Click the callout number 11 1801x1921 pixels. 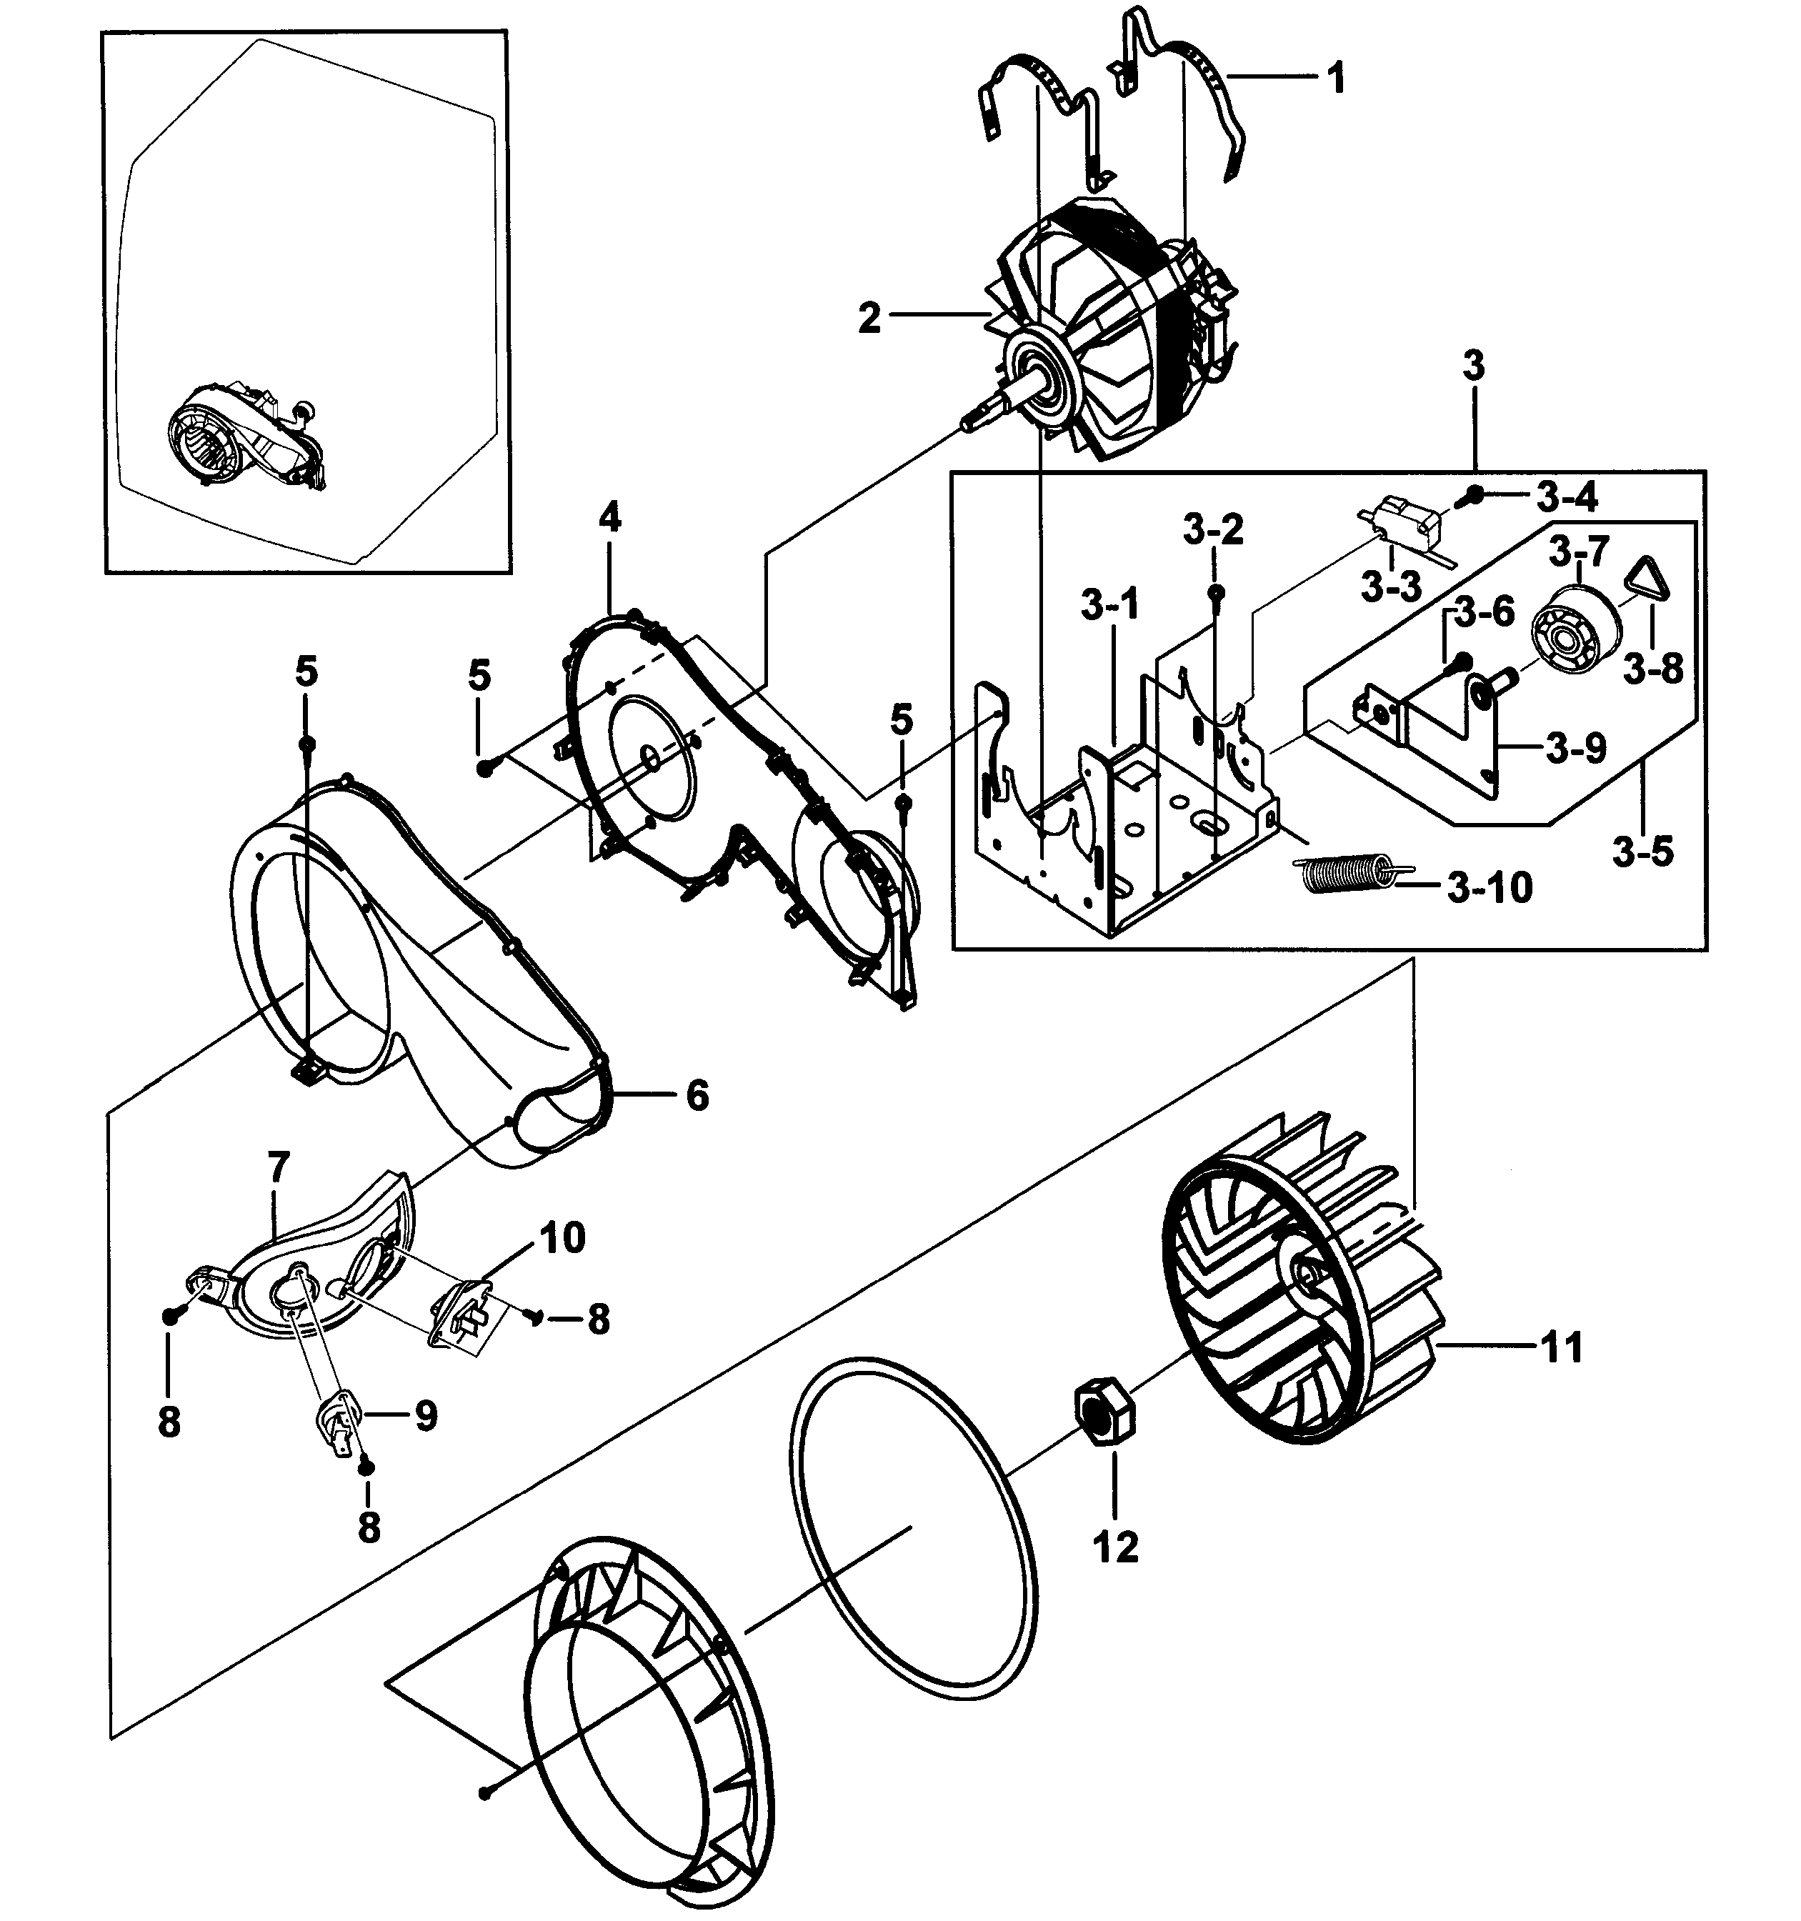tap(1562, 1347)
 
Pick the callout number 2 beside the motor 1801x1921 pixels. tap(869, 318)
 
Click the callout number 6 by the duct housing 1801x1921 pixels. tap(697, 1096)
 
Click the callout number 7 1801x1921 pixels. tap(279, 1167)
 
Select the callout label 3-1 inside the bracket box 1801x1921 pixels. tap(1110, 606)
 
